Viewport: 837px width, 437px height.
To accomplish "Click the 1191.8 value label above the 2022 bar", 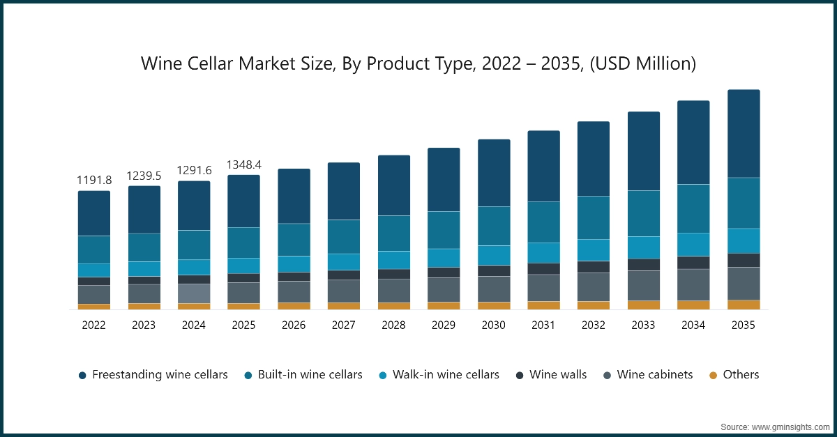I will (93, 180).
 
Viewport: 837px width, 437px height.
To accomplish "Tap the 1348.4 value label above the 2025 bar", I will (243, 164).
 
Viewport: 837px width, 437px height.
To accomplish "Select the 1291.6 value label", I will (193, 171).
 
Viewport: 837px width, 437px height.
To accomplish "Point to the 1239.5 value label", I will (144, 176).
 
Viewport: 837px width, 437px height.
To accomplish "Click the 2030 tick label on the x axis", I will (493, 325).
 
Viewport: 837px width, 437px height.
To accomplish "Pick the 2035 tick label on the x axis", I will (743, 325).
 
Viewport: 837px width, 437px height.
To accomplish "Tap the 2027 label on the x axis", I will (343, 325).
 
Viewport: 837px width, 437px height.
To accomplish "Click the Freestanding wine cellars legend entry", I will (160, 375).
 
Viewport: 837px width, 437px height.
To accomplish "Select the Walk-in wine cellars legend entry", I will (446, 375).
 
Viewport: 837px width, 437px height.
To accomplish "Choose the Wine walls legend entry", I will (558, 375).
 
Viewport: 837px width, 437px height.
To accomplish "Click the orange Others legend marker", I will (713, 375).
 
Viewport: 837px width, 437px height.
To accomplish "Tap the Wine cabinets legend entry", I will (655, 375).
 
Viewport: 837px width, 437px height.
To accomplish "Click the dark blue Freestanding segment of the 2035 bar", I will (744, 133).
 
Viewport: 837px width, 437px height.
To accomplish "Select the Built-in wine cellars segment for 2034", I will (693, 208).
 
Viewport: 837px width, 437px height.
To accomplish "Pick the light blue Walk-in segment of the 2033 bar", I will (644, 247).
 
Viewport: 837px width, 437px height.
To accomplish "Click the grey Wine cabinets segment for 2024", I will (193, 293).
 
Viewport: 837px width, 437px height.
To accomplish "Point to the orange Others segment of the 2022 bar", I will (93, 307).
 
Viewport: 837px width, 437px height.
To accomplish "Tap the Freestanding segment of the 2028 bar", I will (393, 185).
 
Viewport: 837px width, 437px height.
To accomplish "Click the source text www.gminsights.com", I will (789, 426).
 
